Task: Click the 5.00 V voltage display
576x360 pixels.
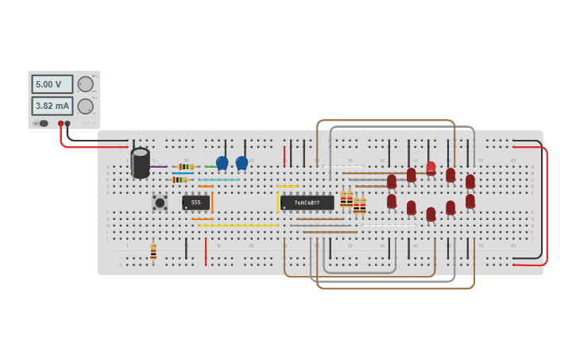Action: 52,84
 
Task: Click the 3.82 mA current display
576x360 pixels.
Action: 52,106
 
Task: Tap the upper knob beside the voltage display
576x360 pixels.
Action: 85,84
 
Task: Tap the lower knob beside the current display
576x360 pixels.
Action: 85,106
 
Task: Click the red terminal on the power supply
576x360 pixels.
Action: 60,123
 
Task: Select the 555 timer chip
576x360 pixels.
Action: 195,203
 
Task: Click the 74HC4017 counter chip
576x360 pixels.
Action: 307,203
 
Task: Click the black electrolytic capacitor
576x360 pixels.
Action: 141,163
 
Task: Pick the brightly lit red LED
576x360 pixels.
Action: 431,168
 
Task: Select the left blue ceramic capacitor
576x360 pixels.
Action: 222,163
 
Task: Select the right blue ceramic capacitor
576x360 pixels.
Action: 242,163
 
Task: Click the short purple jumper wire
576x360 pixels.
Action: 159,167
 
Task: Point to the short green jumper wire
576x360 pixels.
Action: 211,167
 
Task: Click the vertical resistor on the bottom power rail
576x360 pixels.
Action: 153,252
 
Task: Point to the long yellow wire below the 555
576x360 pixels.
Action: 238,226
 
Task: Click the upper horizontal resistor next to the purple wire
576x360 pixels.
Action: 186,167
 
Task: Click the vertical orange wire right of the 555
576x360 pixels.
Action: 212,203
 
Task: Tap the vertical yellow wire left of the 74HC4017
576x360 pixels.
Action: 278,203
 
